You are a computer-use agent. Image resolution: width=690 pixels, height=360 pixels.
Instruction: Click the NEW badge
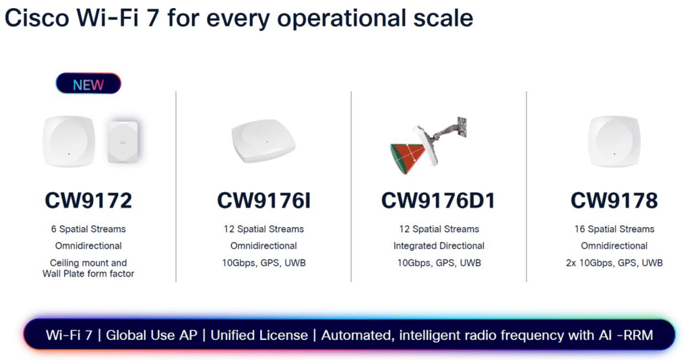point(88,84)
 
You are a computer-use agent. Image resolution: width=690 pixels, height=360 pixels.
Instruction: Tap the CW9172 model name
point(88,200)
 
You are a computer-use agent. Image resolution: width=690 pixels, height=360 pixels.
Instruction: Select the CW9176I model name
point(263,200)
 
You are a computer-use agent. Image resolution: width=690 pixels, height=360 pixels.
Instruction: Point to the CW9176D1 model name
point(438,200)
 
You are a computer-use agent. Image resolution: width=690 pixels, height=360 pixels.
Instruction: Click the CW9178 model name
point(614,200)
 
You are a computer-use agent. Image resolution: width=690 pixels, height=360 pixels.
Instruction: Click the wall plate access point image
point(123,142)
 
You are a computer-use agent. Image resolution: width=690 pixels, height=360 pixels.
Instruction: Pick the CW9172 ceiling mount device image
point(69,142)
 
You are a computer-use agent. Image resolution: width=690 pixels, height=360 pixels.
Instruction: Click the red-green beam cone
point(407,156)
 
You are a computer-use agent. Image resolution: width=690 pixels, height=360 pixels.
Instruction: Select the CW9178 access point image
point(615,142)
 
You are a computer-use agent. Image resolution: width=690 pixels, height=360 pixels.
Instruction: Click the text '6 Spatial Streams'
point(88,229)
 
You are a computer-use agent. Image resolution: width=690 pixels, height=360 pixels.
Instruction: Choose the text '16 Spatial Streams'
point(615,229)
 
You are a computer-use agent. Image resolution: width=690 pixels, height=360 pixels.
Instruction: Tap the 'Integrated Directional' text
point(439,245)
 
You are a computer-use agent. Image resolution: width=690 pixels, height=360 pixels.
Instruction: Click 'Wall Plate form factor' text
point(88,273)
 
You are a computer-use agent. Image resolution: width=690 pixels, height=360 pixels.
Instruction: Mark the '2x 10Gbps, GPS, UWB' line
point(615,263)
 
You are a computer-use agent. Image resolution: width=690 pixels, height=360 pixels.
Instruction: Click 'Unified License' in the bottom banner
point(259,335)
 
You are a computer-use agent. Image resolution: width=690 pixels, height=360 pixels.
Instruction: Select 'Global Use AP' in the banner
point(152,335)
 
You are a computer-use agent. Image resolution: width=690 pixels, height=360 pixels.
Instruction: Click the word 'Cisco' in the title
point(37,18)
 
